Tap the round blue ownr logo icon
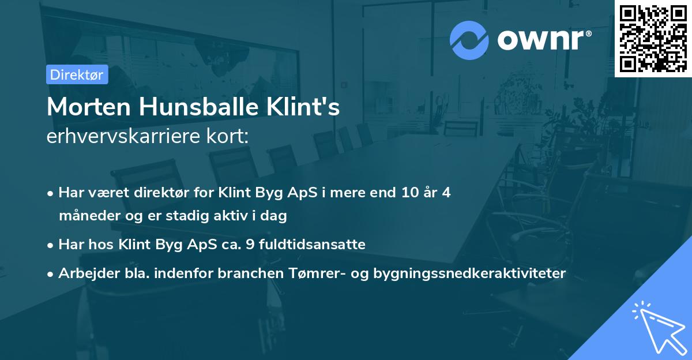[x=469, y=40]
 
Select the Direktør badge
[x=77, y=74]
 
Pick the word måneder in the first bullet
[x=85, y=216]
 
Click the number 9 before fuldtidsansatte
[x=249, y=245]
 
